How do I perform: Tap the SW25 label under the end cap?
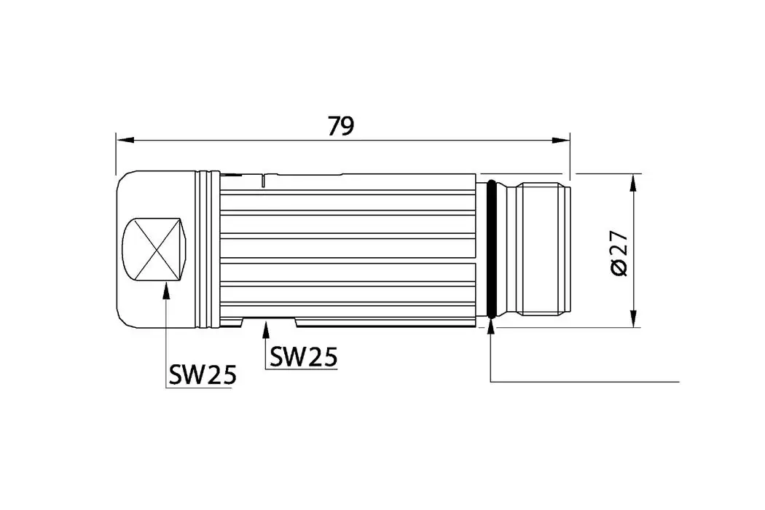203,374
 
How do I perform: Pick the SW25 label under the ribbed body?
303,356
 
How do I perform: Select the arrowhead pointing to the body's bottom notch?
266,330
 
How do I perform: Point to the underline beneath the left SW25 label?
199,388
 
